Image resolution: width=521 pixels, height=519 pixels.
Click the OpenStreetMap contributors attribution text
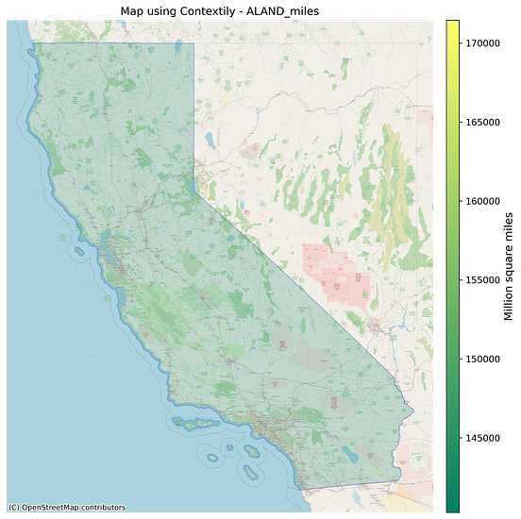pos(66,508)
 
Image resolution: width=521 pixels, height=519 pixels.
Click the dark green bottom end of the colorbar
pos(453,504)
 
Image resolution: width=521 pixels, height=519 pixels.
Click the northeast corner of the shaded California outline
pos(193,43)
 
